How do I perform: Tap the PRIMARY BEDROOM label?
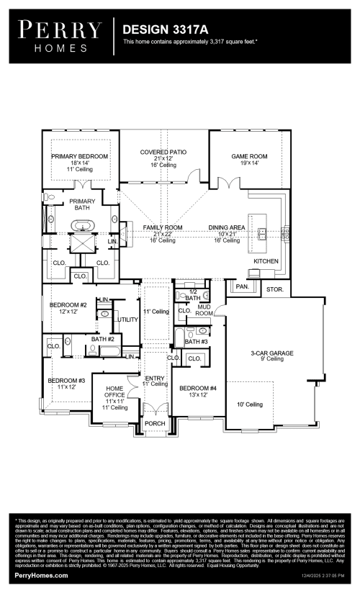click(79, 156)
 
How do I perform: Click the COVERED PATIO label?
click(163, 153)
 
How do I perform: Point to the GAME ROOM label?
click(249, 156)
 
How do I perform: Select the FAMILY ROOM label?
click(163, 227)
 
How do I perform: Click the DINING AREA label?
click(228, 227)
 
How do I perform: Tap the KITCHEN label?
click(266, 261)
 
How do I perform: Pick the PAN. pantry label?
click(242, 286)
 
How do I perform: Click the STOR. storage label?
click(274, 289)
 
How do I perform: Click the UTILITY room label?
click(127, 319)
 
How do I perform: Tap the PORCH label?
click(156, 423)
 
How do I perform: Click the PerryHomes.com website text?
click(42, 576)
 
